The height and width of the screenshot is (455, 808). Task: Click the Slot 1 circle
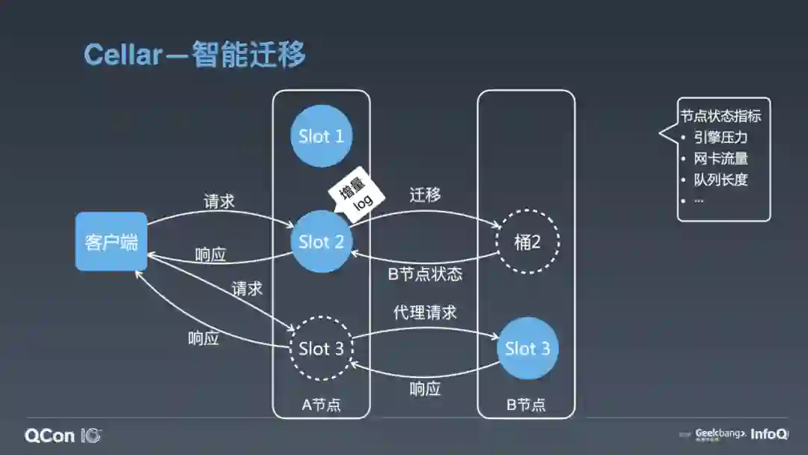pos(322,136)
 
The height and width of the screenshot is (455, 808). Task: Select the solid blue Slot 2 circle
pos(322,242)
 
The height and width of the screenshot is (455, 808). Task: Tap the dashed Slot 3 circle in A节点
pos(322,349)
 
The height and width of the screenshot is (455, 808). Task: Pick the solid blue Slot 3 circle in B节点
pos(527,349)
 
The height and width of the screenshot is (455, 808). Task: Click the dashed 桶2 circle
pos(527,242)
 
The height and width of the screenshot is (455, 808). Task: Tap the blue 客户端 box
pos(111,242)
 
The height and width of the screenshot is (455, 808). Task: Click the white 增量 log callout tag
pos(357,194)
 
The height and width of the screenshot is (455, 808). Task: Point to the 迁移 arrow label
pos(425,195)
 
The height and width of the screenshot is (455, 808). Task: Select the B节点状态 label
pos(425,274)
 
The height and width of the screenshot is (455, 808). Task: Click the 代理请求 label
pos(425,311)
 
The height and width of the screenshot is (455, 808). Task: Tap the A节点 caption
pos(321,405)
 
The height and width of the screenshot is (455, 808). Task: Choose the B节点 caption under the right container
pos(526,405)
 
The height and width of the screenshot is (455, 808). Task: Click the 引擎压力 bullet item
pos(720,138)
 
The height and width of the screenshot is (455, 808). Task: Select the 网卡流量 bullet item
pos(720,159)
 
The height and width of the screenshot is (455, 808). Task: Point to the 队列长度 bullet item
pos(720,180)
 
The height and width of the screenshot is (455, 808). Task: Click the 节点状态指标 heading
pos(720,117)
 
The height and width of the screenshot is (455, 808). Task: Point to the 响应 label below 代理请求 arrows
pos(425,389)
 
